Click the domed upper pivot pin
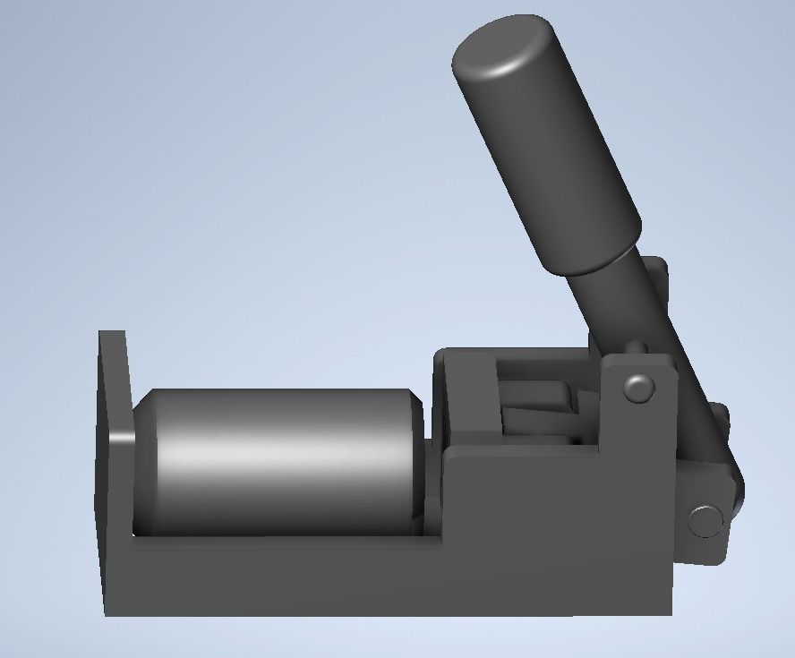coord(637,389)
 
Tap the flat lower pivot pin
coord(705,520)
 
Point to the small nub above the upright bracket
coord(637,346)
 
